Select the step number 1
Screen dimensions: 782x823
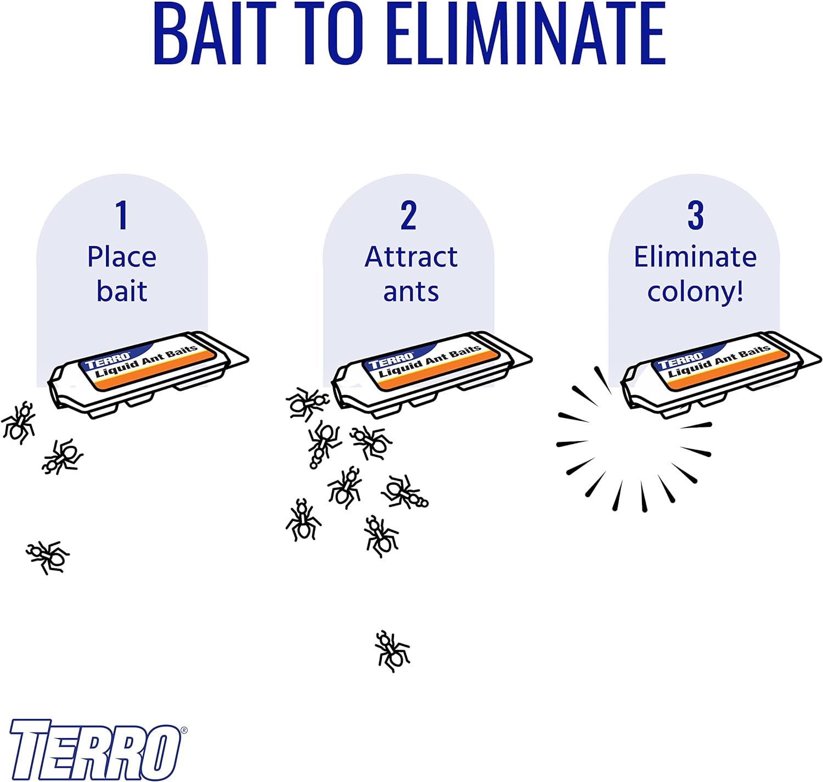pos(122,215)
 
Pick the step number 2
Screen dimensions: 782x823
pos(408,215)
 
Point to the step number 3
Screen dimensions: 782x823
pos(695,215)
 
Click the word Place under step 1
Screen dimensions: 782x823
pos(122,257)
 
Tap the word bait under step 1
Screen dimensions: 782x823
pos(122,291)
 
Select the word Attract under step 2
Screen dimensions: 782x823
pos(411,257)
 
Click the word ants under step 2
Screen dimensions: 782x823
pos(411,292)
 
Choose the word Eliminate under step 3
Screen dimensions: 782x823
pos(695,257)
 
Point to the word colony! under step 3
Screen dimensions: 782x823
pos(695,292)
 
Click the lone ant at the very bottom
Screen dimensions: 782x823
pos(392,651)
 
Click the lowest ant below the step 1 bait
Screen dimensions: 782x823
pos(48,557)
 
